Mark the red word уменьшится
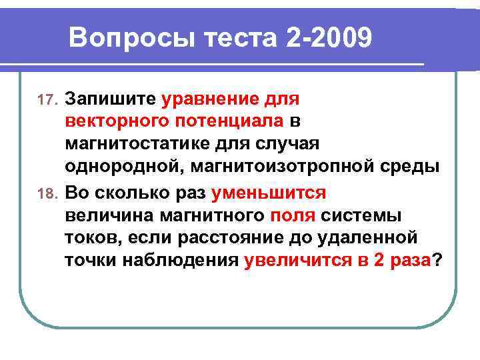[x=269, y=193]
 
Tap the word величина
[x=109, y=216]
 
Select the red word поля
[x=293, y=216]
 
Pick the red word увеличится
[x=297, y=261]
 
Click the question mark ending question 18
[x=437, y=261]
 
